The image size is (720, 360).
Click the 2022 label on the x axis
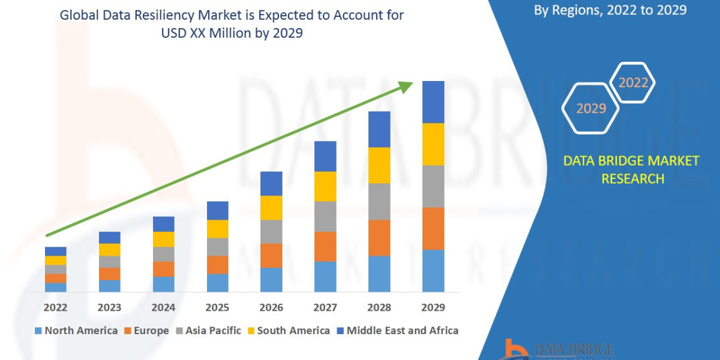point(55,308)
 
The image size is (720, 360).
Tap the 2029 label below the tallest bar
point(433,308)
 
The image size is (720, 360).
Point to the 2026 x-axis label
point(271,308)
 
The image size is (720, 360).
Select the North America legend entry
point(76,331)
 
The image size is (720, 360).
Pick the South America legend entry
point(287,331)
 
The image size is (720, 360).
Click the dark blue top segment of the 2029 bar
point(433,102)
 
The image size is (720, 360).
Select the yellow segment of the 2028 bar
point(379,165)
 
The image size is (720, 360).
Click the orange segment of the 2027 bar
point(325,247)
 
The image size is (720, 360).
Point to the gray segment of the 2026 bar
point(271,232)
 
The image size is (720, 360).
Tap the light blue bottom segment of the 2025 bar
point(217,283)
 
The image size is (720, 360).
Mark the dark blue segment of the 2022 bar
point(55,251)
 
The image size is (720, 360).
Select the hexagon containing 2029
point(590,109)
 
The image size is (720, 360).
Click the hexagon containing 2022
point(632,83)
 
